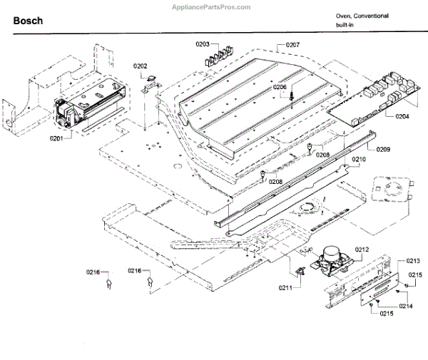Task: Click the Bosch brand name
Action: pyautogui.click(x=28, y=21)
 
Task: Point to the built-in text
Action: pyautogui.click(x=346, y=25)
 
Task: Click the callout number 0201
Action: pyautogui.click(x=56, y=138)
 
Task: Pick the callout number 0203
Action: pyautogui.click(x=205, y=44)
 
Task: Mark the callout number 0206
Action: pyautogui.click(x=280, y=87)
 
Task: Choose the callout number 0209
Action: pyautogui.click(x=383, y=150)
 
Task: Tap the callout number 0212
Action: pyautogui.click(x=363, y=250)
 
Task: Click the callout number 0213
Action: pyautogui.click(x=414, y=261)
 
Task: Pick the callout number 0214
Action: pyautogui.click(x=407, y=305)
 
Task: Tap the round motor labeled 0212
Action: pyautogui.click(x=330, y=257)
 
